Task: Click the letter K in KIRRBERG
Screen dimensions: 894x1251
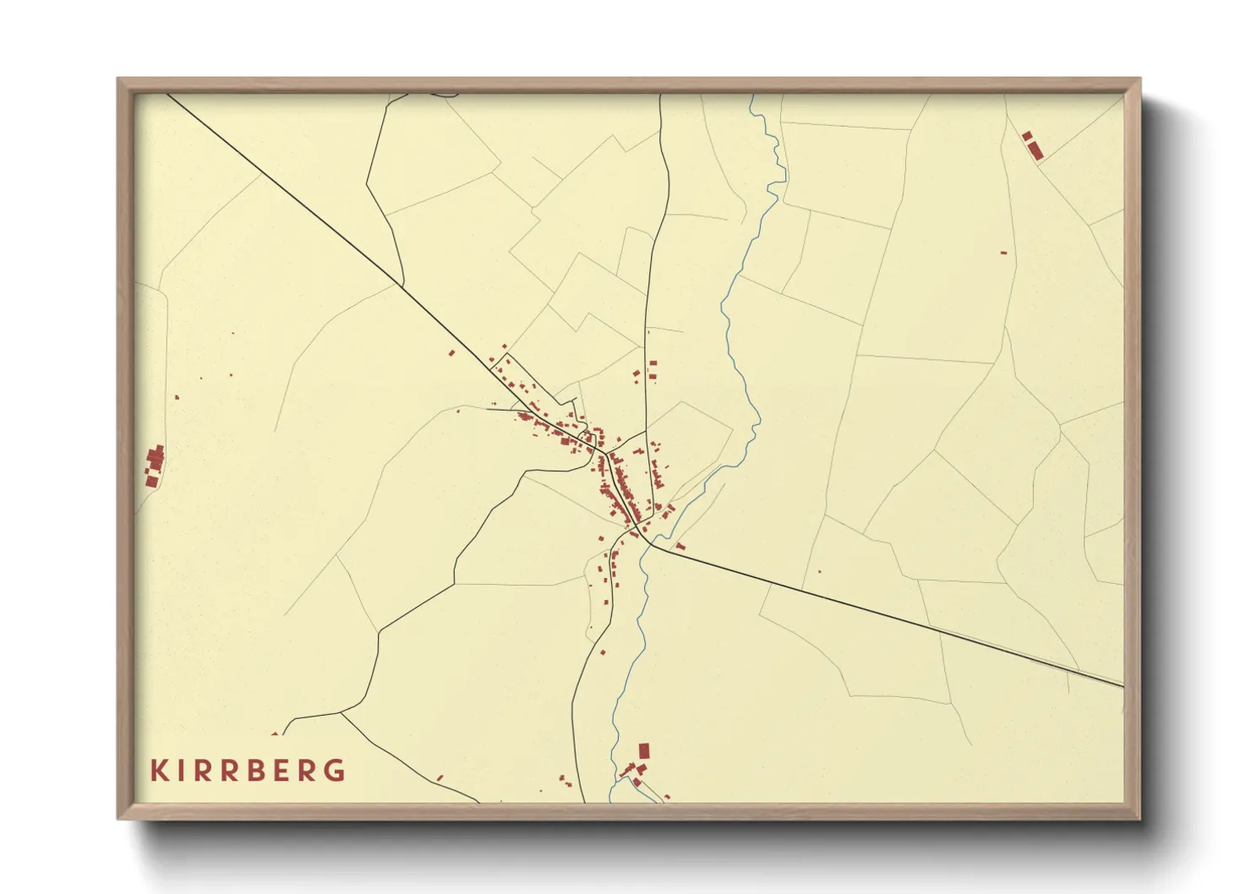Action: pyautogui.click(x=157, y=771)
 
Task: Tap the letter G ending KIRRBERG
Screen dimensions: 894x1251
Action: pyautogui.click(x=336, y=771)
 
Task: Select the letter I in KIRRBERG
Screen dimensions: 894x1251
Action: pyautogui.click(x=180, y=771)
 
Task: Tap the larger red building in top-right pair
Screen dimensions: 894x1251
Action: pyautogui.click(x=1035, y=150)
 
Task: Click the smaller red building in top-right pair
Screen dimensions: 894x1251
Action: pyautogui.click(x=1027, y=135)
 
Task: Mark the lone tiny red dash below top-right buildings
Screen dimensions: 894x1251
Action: pyautogui.click(x=1003, y=253)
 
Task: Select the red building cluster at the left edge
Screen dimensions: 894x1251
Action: pyautogui.click(x=154, y=465)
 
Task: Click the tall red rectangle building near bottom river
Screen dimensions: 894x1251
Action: pyautogui.click(x=644, y=750)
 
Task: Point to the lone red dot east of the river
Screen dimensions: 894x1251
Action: pyautogui.click(x=819, y=571)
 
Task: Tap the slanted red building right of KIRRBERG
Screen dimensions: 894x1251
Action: pyautogui.click(x=440, y=777)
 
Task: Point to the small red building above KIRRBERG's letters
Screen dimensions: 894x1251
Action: pyautogui.click(x=274, y=734)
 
